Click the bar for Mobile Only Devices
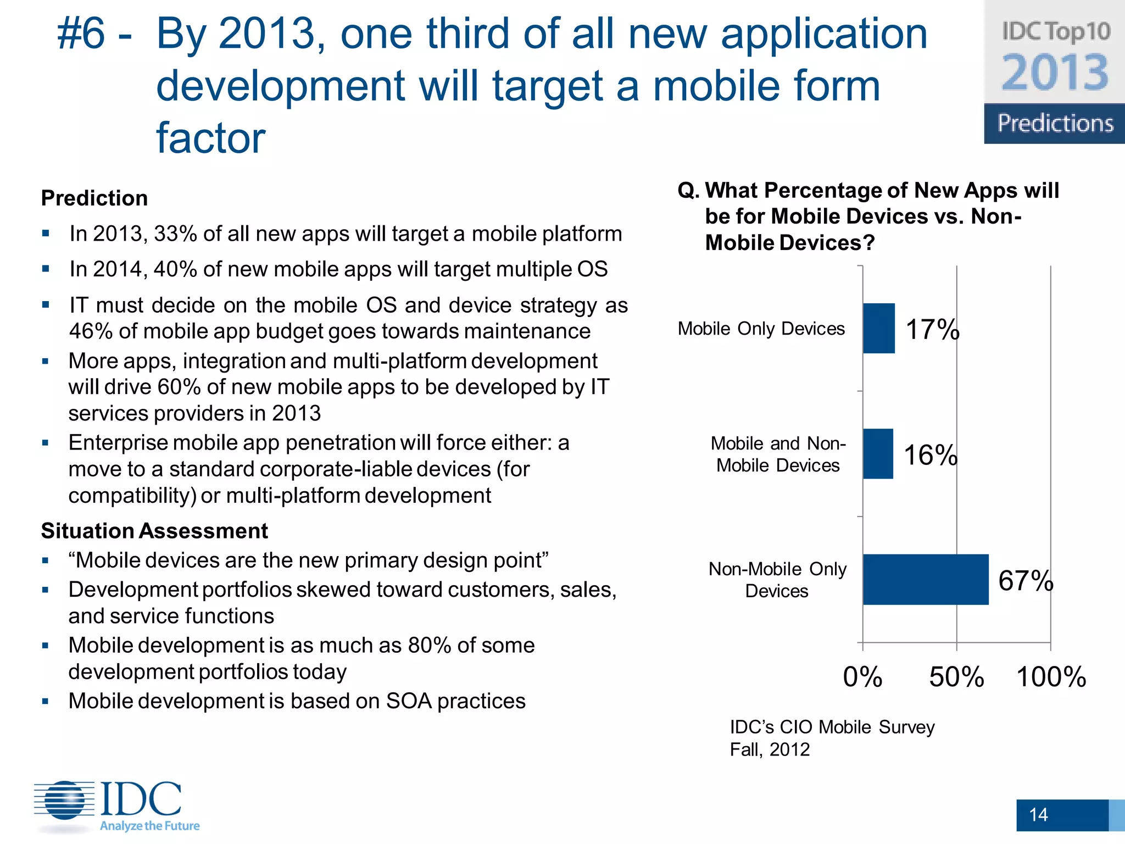coord(878,328)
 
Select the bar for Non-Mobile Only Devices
coord(925,580)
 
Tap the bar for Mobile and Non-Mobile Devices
coord(877,454)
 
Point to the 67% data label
coord(1025,581)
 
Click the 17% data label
coord(932,330)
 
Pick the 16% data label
coord(930,456)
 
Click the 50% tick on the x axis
coord(956,677)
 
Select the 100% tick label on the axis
coord(1051,677)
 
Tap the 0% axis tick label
coord(862,677)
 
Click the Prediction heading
coord(94,198)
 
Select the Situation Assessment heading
coord(154,531)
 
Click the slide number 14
coord(1038,814)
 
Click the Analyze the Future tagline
coord(149,826)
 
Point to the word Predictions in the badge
coord(1055,123)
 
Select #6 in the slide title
coord(81,34)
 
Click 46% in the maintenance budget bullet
coord(90,331)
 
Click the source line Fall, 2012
coord(770,749)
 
